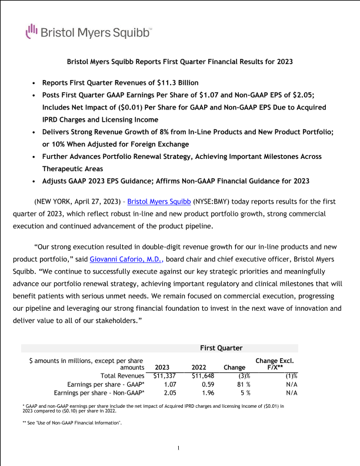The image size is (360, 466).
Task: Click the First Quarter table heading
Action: pos(221,348)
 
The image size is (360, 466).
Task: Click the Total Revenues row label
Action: pos(122,375)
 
